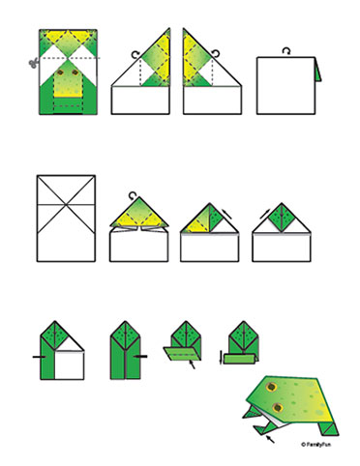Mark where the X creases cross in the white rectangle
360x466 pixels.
66,206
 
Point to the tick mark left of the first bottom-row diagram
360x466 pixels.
37,357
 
